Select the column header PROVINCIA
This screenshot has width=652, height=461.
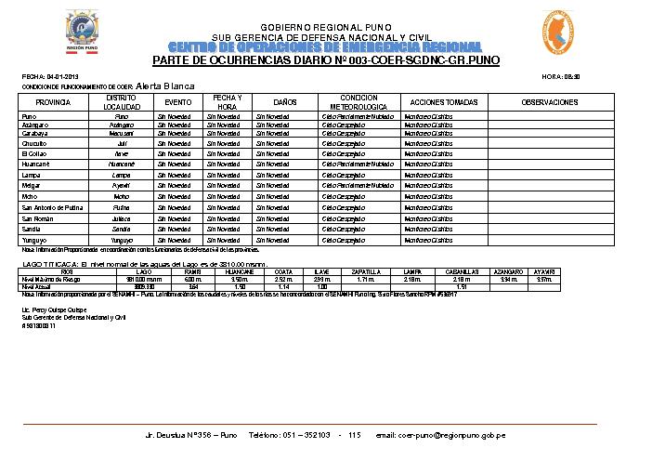click(53, 101)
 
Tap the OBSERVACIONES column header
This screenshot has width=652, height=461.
click(549, 101)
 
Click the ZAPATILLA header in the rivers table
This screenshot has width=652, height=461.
click(365, 271)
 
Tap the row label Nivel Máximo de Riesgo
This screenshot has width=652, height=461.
click(52, 279)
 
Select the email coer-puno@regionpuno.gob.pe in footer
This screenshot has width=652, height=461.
click(439, 435)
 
